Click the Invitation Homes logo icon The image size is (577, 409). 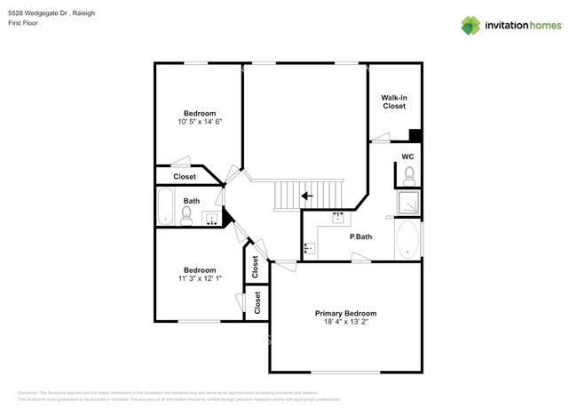470,24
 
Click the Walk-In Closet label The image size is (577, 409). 393,101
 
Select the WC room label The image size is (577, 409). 407,156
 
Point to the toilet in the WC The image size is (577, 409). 408,175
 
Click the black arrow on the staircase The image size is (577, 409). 306,195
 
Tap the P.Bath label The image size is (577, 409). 360,237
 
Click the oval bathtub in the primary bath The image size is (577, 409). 407,238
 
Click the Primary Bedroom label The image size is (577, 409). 345,313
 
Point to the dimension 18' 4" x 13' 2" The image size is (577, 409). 345,324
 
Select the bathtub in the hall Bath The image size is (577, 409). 166,206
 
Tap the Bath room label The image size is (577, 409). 192,201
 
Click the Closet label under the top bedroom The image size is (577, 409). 185,177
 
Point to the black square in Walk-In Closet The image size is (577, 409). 415,136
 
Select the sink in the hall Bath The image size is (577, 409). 212,218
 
